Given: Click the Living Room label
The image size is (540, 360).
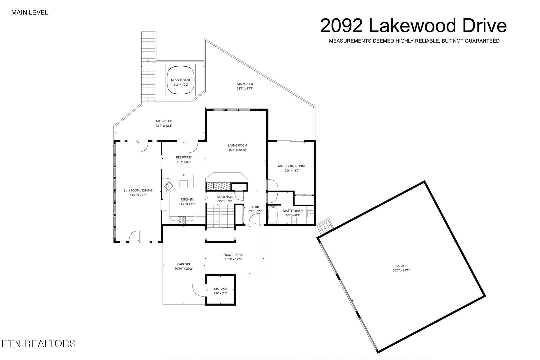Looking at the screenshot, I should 237,145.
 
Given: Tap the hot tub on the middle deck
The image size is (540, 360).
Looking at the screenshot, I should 180,82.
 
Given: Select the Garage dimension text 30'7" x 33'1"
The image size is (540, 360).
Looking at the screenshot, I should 401,270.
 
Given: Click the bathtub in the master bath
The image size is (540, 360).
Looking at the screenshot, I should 273,215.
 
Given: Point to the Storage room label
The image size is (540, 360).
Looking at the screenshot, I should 220,289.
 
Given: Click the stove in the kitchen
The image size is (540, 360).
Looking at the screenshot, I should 182,220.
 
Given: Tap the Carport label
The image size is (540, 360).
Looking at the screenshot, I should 184,264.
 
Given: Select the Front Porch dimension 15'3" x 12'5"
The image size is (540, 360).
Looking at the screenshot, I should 233,259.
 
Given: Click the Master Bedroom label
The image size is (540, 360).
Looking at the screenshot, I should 291,166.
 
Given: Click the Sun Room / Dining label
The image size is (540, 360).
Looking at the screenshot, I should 138,190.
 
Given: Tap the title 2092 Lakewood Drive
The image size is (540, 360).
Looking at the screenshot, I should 413,26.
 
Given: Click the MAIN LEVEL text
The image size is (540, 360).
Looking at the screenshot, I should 30,13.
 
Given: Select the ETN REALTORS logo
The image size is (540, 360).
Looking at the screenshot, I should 38,343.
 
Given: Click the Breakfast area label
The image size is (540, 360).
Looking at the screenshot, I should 184,157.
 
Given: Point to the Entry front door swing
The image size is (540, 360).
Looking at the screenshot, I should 255,220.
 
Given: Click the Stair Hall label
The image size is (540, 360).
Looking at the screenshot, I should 225,197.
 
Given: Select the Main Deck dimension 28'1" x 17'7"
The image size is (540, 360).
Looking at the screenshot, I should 245,88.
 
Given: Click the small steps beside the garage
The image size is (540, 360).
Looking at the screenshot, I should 325,228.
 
